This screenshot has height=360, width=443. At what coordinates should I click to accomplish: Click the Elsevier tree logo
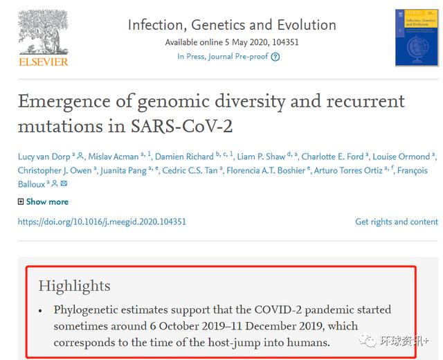tap(43, 31)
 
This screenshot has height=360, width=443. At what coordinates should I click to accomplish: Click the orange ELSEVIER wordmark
tap(43, 62)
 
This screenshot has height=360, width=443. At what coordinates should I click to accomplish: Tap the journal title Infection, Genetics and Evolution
tap(232, 25)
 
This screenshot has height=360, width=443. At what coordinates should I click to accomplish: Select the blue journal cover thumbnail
tap(416, 37)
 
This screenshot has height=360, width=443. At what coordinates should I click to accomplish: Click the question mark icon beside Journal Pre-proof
tap(275, 57)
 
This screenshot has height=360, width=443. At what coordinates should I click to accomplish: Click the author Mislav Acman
tap(113, 156)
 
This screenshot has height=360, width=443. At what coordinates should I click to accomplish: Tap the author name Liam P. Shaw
tap(261, 156)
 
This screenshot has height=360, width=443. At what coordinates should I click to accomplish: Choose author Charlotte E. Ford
tap(331, 156)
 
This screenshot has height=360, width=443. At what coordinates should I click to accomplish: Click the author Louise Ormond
tap(404, 156)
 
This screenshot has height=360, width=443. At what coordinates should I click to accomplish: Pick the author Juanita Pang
tap(122, 170)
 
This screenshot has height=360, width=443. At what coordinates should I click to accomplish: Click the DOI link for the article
tap(102, 222)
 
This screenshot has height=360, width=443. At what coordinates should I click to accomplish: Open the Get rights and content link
tap(396, 222)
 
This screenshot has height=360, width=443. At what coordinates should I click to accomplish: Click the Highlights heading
tap(74, 286)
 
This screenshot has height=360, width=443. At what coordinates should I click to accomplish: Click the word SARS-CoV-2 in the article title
tap(184, 127)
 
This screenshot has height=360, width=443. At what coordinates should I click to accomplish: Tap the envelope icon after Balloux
tap(64, 184)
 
